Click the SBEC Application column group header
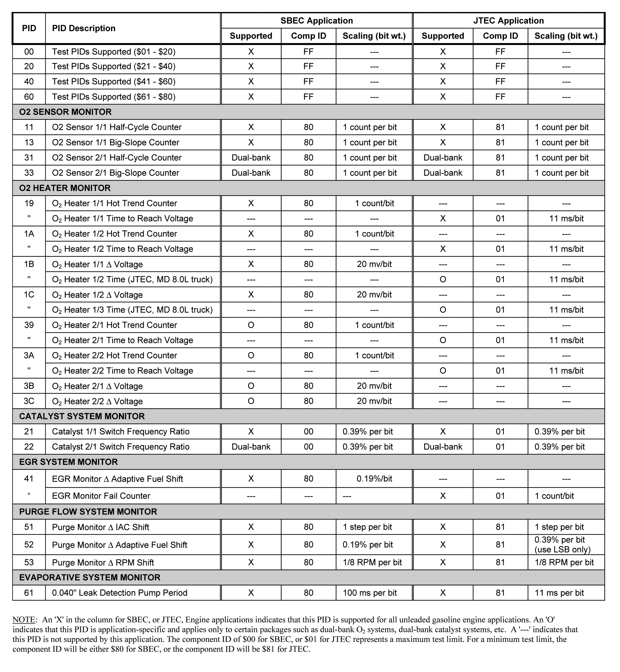(x=316, y=21)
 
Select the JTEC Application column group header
(x=508, y=21)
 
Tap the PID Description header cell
(x=84, y=29)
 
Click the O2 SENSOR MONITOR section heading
(x=65, y=112)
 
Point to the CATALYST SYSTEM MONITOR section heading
(x=82, y=416)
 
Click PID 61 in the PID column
(x=29, y=593)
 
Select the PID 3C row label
(x=29, y=401)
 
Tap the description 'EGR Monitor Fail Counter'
(x=101, y=496)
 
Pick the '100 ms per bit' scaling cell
(x=369, y=593)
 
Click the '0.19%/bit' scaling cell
(x=374, y=479)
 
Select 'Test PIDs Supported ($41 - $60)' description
(x=113, y=82)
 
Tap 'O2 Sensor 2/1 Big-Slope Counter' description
(x=116, y=173)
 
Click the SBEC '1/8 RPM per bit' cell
(x=372, y=562)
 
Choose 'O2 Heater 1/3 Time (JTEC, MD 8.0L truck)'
(x=132, y=310)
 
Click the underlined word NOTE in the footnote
(x=24, y=619)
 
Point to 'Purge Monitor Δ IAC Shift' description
(x=100, y=527)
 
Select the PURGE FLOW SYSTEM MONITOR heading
(x=88, y=512)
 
